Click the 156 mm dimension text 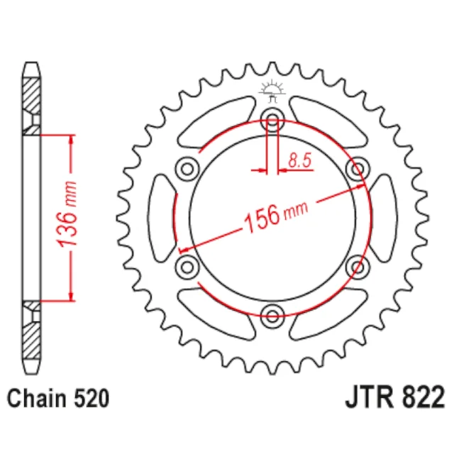(276, 216)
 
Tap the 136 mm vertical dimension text (67, 214)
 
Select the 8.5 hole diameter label (300, 160)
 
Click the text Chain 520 (58, 399)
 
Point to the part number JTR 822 (394, 397)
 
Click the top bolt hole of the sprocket (272, 119)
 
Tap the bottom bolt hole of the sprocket (272, 316)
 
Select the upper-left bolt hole (187, 169)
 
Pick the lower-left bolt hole (187, 267)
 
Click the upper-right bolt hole (358, 169)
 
